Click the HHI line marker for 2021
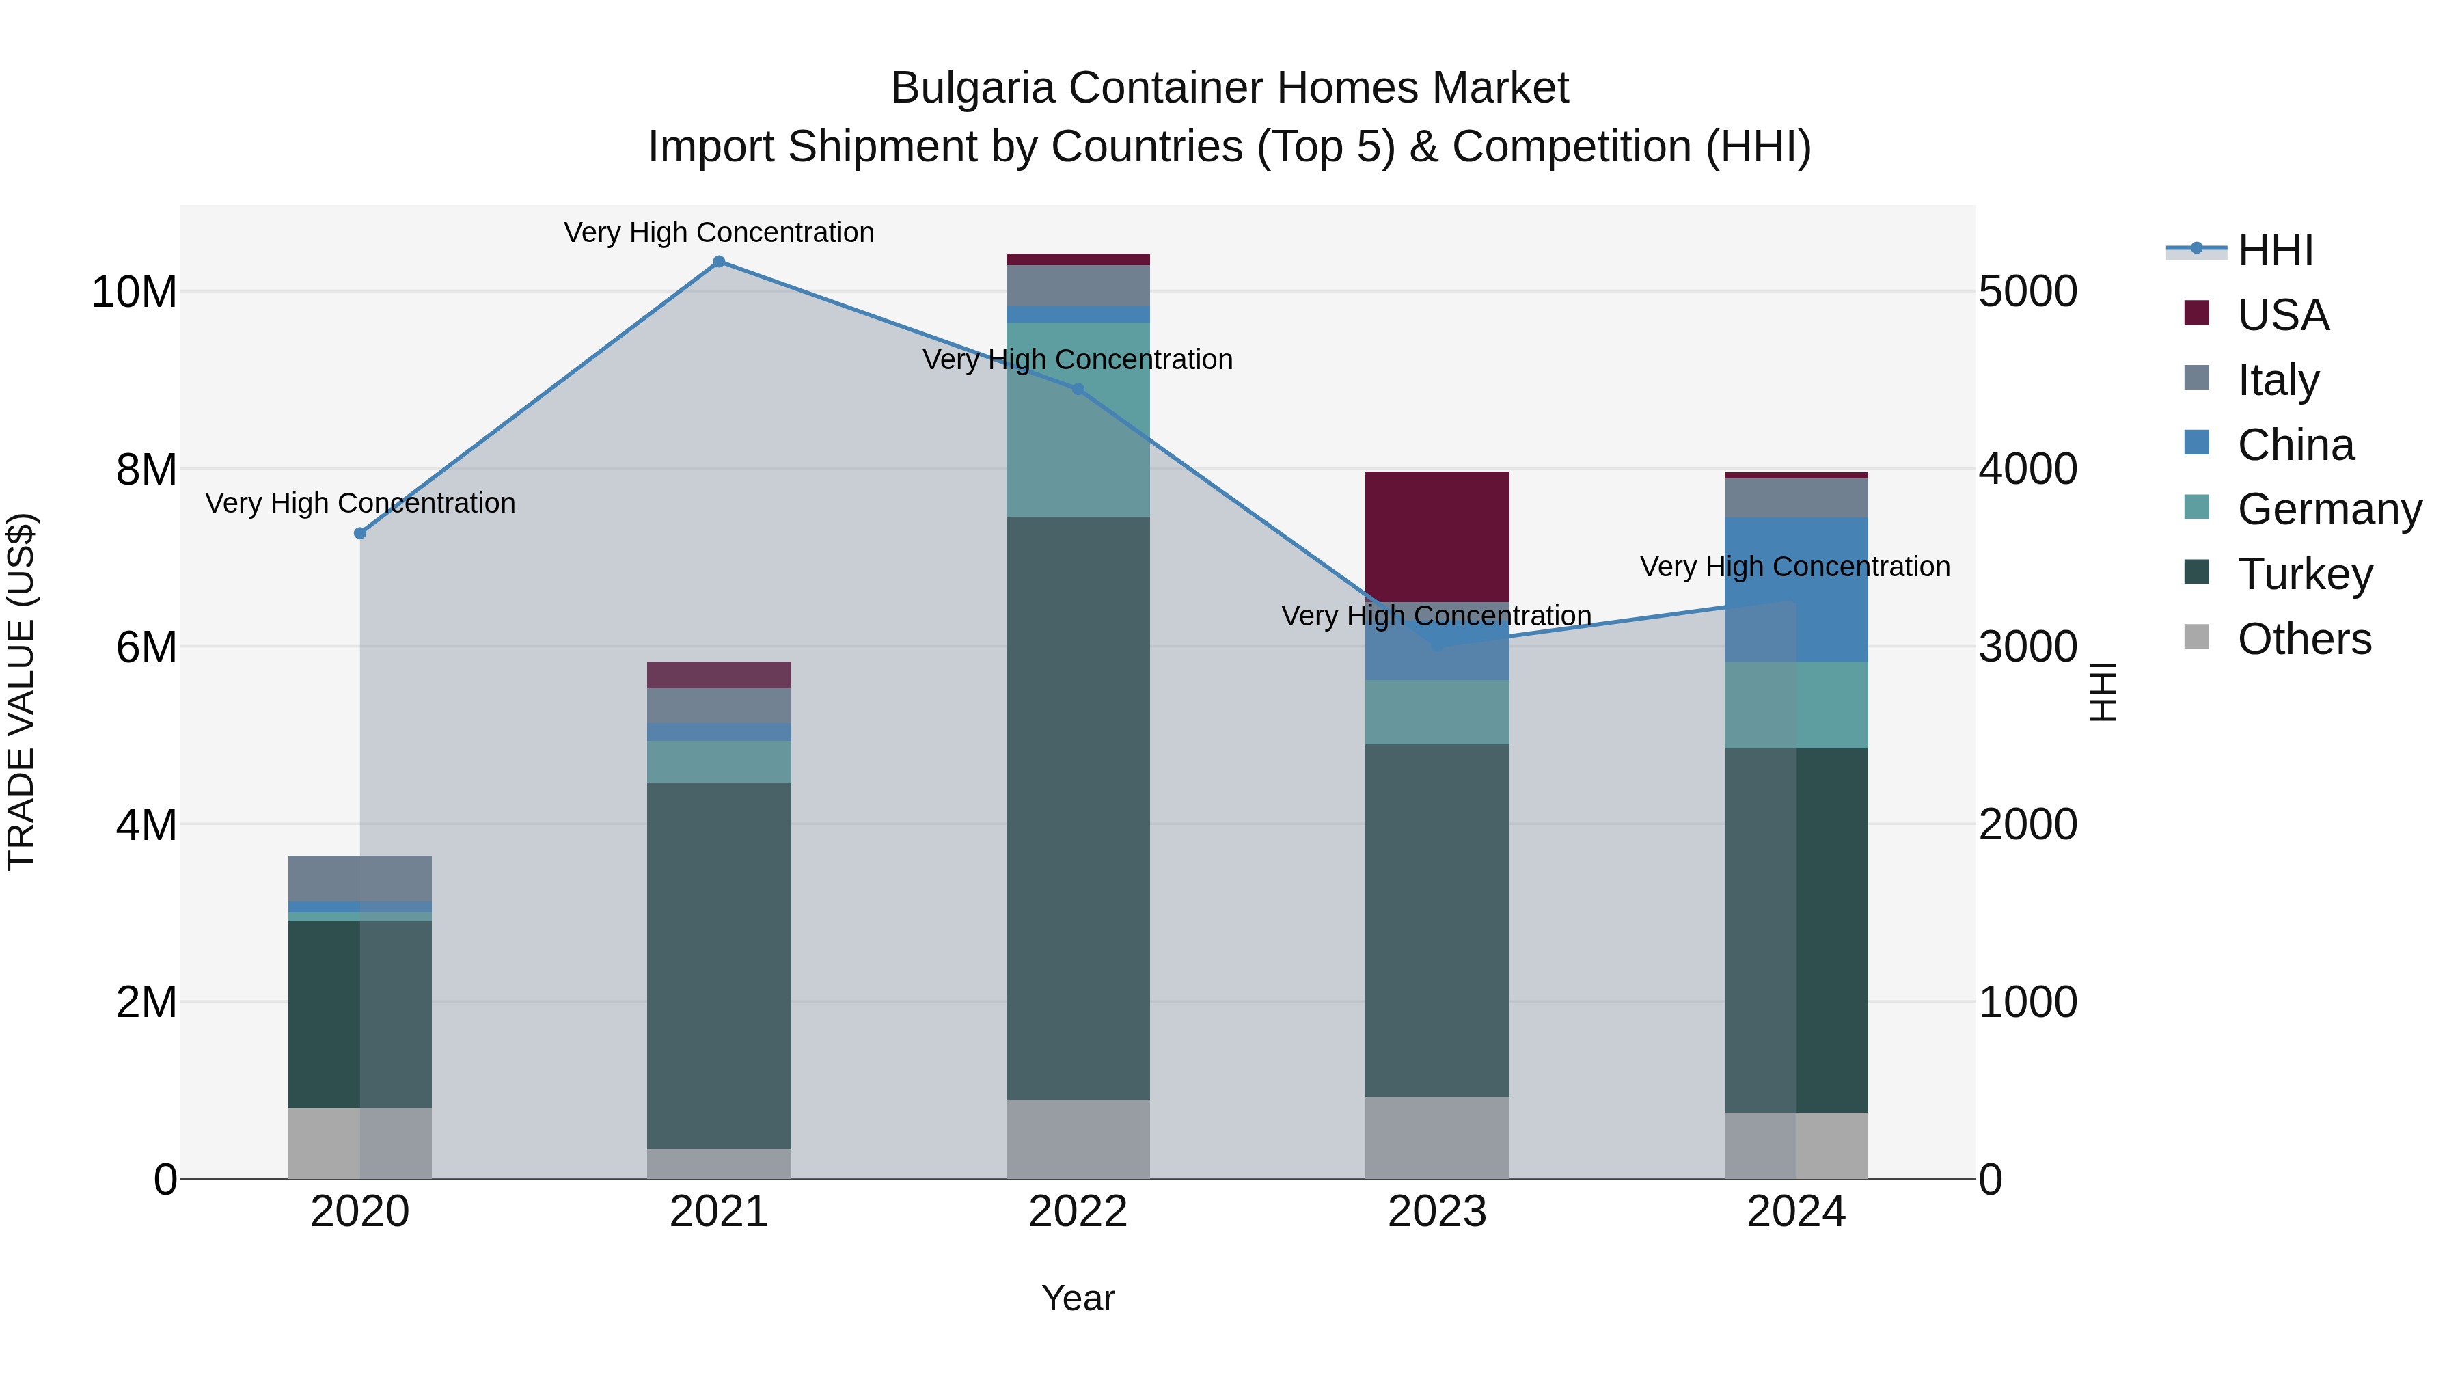tap(719, 262)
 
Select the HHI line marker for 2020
tap(360, 533)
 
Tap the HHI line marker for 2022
tap(1078, 389)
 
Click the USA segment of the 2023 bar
tap(1436, 536)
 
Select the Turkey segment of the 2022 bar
tap(1078, 807)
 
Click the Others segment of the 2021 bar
tap(719, 1163)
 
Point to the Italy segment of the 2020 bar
tap(360, 878)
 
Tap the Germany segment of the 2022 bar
tap(1078, 420)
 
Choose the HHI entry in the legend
tap(2275, 250)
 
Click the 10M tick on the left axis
tap(134, 291)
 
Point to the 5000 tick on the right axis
tap(2027, 291)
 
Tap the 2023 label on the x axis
tap(1436, 1211)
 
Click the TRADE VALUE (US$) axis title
tap(21, 692)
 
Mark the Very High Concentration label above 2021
tap(718, 232)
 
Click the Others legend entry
tap(2304, 639)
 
